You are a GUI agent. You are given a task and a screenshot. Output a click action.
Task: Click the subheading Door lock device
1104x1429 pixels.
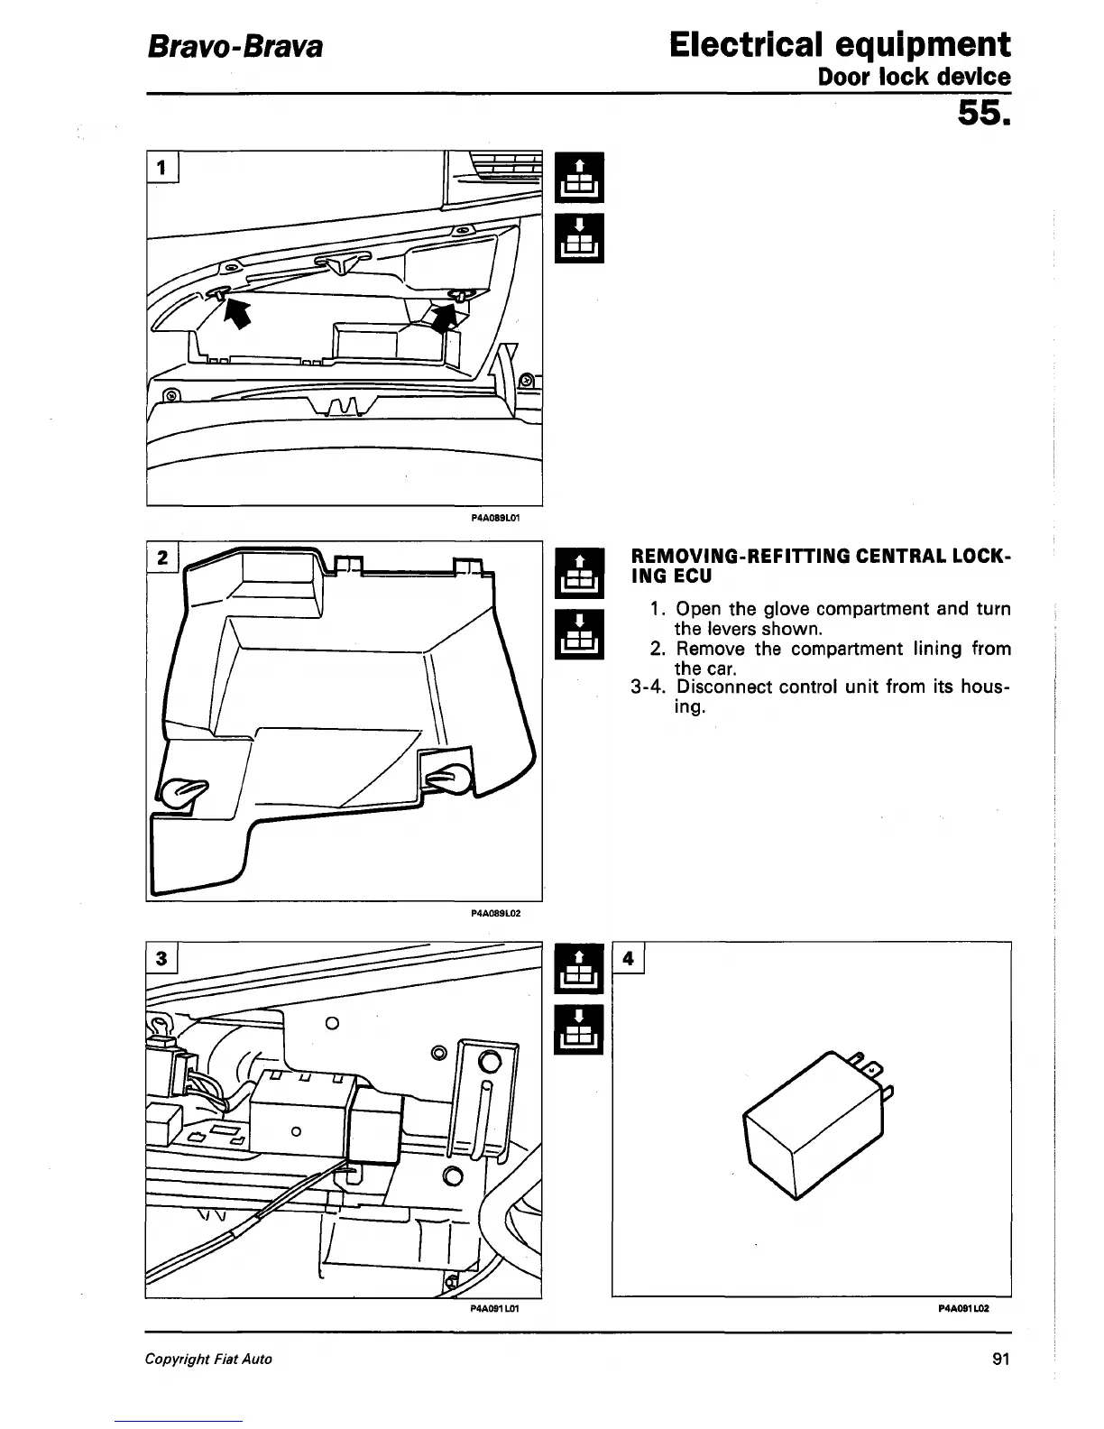coord(914,77)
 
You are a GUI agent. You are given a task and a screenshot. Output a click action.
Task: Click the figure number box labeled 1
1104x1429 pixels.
coord(162,168)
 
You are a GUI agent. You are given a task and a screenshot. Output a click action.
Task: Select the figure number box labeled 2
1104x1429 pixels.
coord(162,558)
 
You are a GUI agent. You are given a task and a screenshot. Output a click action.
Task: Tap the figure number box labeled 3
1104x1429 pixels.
coord(162,958)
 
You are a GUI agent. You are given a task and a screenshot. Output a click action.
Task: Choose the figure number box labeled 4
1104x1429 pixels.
coord(629,958)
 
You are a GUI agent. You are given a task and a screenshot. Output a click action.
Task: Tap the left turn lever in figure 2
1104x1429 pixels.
coord(184,790)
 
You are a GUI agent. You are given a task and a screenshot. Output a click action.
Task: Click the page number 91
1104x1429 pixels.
coord(998,1359)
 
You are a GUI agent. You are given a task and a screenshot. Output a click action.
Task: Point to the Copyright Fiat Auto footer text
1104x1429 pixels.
coord(208,1359)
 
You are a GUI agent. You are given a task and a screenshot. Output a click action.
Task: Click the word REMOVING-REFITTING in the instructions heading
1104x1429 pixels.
coord(728,557)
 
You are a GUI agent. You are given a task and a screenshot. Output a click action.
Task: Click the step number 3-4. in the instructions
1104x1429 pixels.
coord(649,687)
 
